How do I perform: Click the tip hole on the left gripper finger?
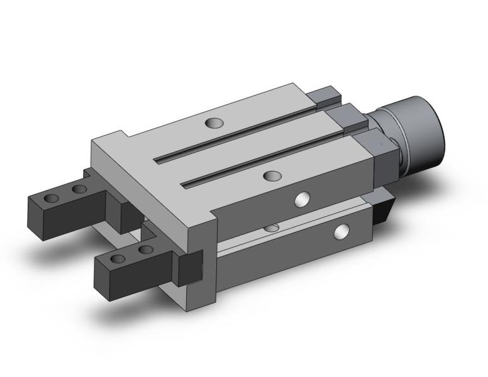coord(52,199)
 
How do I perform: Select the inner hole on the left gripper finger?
coord(79,189)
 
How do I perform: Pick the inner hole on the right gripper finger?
coord(146,249)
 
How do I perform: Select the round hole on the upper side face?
coord(303,200)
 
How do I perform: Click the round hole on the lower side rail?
coord(341,232)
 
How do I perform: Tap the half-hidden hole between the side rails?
coord(272,226)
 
